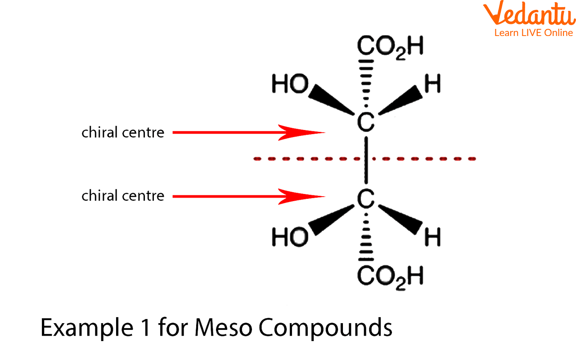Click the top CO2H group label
[x=390, y=47]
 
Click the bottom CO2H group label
[x=390, y=275]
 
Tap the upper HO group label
[x=290, y=84]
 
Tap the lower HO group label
[x=290, y=237]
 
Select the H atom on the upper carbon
[x=432, y=84]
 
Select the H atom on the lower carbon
[x=432, y=237]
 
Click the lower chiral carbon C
[x=366, y=198]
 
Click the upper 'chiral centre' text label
[x=123, y=133]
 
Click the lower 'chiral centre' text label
[x=123, y=196]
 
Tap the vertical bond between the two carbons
[x=366, y=160]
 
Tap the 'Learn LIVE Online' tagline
[x=533, y=33]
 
